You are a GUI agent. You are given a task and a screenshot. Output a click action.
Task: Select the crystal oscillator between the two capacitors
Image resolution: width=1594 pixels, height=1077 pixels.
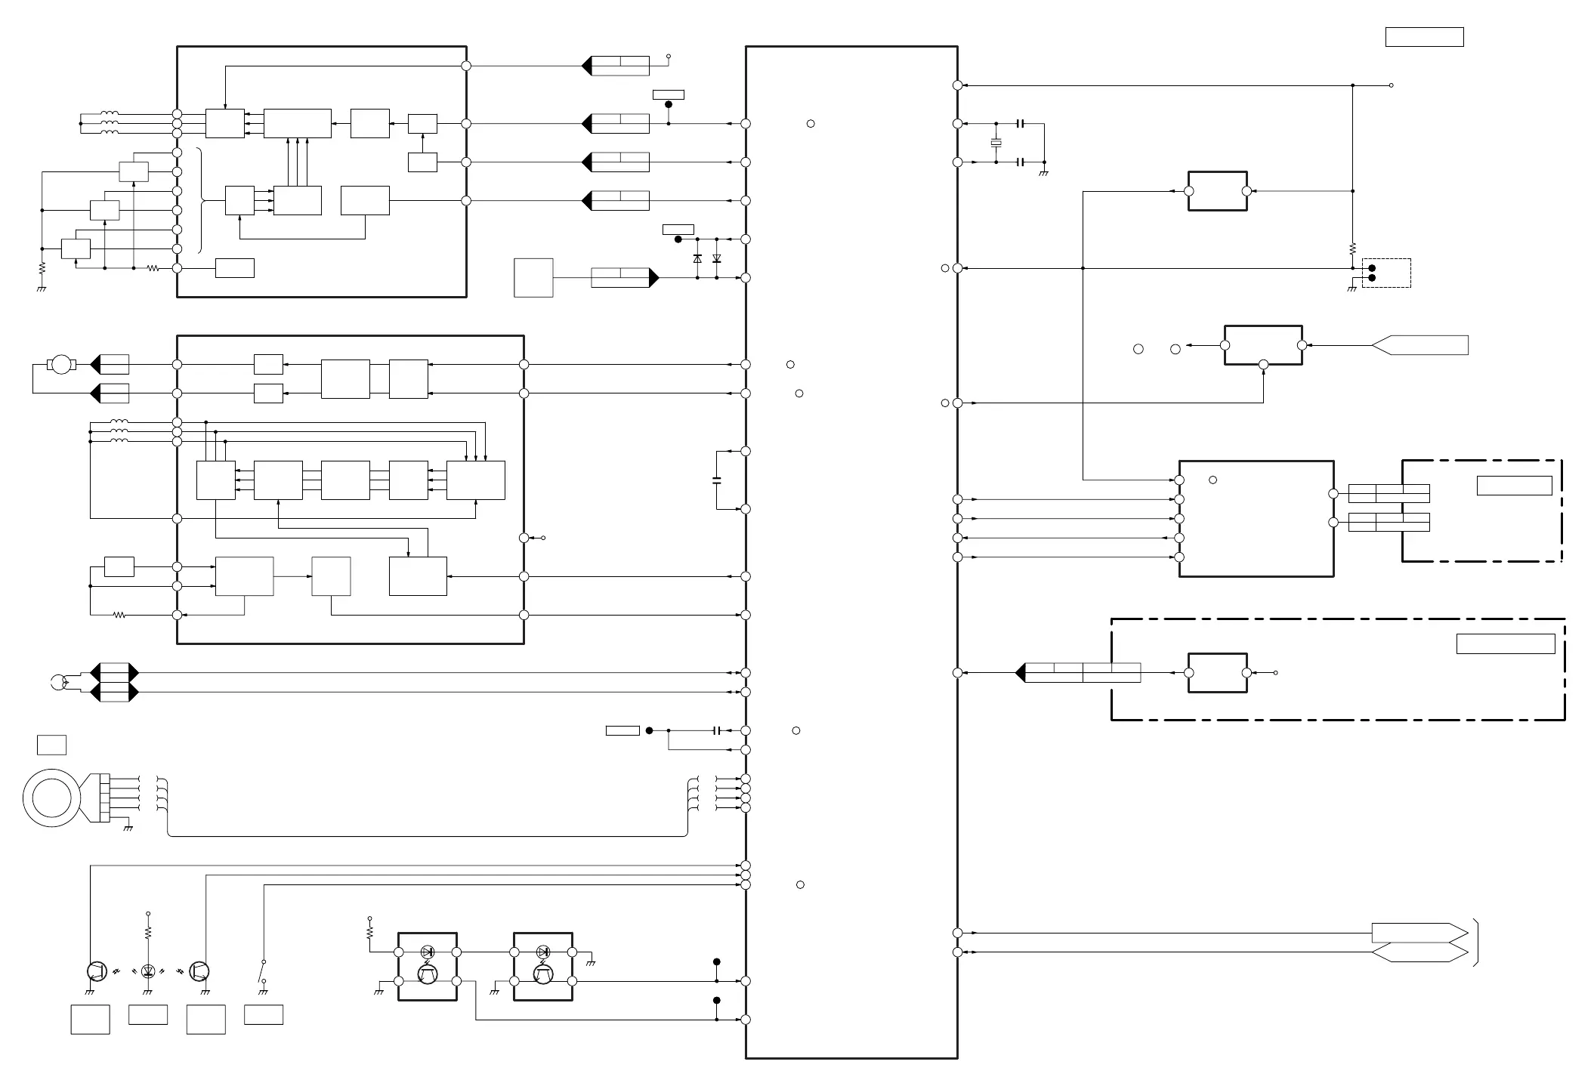[x=996, y=143]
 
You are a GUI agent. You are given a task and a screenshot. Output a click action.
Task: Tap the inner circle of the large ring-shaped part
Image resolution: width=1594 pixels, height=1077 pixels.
[x=52, y=798]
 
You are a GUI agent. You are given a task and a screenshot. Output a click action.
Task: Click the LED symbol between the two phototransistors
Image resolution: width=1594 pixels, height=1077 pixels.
[x=148, y=971]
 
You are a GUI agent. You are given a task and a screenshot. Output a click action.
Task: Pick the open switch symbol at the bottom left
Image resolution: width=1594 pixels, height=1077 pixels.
[x=263, y=971]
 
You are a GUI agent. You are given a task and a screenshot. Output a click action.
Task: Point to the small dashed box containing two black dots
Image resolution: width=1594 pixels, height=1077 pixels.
[x=1385, y=273]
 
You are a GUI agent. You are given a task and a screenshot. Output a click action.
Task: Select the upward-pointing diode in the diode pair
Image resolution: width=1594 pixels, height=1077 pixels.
[x=697, y=258]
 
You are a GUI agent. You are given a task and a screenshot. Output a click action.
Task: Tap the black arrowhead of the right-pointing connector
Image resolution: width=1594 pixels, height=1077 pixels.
[x=654, y=278]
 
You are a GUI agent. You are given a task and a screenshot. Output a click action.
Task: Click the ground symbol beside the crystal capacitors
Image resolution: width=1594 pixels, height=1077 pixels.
[x=1044, y=173]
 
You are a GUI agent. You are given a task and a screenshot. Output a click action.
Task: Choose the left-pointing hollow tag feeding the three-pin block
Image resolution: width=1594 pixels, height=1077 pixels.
[x=1420, y=345]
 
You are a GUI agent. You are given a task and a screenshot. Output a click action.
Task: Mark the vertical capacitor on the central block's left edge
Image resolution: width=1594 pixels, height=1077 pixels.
[x=717, y=480]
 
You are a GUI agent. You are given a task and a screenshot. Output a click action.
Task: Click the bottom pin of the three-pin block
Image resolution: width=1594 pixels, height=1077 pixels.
[x=1263, y=365]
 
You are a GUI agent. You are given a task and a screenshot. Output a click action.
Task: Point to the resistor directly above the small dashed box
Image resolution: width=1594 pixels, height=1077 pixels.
[x=1352, y=248]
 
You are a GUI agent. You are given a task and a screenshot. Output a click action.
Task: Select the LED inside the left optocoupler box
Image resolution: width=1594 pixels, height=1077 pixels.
[x=427, y=952]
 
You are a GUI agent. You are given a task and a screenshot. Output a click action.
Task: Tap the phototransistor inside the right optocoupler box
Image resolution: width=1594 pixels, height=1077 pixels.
[x=543, y=975]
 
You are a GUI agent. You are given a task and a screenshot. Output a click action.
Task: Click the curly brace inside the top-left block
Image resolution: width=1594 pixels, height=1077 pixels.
[x=201, y=200]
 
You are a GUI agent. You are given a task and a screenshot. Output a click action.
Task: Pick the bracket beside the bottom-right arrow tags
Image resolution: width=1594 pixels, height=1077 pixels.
[x=1475, y=943]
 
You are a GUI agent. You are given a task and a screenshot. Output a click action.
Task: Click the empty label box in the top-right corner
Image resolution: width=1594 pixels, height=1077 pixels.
[x=1424, y=37]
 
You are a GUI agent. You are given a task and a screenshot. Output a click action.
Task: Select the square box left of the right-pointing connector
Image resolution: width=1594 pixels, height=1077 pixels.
[x=533, y=278]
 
